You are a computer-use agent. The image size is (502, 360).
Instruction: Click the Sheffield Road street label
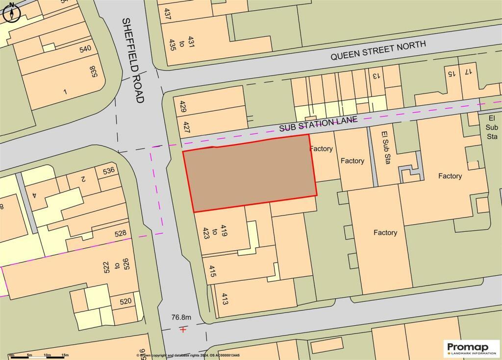[x=133, y=60]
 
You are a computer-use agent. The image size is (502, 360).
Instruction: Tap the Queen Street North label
[x=378, y=50]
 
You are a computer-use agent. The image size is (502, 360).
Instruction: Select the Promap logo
[x=471, y=349]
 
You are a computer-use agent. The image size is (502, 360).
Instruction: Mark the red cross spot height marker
[x=183, y=330]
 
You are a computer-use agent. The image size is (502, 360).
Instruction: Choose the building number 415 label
[x=213, y=272]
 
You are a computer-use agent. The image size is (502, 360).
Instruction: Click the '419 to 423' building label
[x=207, y=231]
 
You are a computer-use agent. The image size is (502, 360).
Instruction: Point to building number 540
[x=85, y=49]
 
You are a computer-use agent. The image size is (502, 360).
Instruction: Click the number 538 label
[x=95, y=71]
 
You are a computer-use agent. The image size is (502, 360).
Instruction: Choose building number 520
[x=125, y=301]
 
